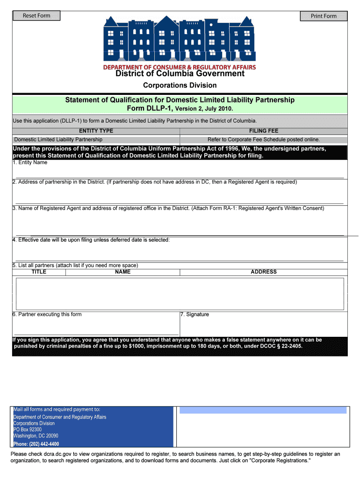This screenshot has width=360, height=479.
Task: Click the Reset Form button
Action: click(36, 16)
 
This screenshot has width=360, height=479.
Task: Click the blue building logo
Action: click(180, 40)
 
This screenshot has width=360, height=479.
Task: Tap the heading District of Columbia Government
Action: click(180, 73)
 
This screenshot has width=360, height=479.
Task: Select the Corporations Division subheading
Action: click(180, 85)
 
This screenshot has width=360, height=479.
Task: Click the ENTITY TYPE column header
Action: click(96, 131)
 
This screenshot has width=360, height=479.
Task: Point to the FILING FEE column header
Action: click(264, 131)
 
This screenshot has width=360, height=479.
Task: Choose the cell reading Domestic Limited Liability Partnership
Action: click(58, 139)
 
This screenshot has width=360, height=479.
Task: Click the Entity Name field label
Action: click(30, 163)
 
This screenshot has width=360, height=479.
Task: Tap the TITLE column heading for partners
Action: click(39, 272)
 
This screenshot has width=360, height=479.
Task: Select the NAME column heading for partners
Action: click(122, 272)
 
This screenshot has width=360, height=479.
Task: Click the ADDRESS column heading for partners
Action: click(264, 272)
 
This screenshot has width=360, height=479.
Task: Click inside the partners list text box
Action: click(180, 293)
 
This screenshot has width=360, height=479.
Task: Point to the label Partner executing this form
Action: click(47, 314)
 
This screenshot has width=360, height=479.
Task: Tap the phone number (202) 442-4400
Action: click(36, 444)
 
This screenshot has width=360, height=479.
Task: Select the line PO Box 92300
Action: click(28, 429)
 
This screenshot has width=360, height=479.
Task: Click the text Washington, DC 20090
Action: click(36, 436)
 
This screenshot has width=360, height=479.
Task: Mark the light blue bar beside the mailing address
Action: click(263, 410)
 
